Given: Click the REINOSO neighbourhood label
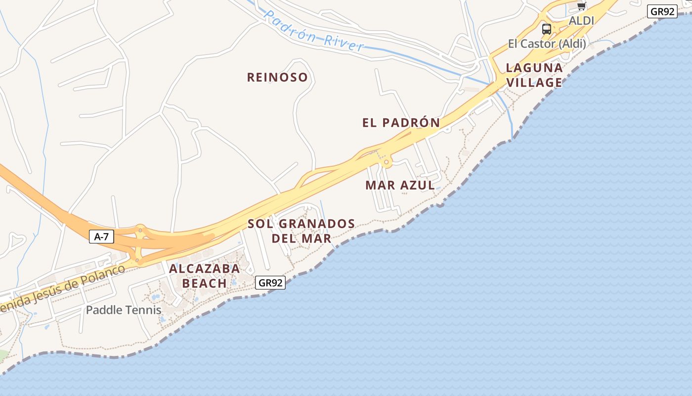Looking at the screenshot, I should pyautogui.click(x=277, y=77).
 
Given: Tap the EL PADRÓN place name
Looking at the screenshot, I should pyautogui.click(x=401, y=123).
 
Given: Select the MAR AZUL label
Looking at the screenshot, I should pyautogui.click(x=400, y=186).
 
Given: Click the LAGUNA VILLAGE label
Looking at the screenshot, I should pyautogui.click(x=534, y=75).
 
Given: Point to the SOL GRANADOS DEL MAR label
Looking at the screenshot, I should pyautogui.click(x=301, y=231).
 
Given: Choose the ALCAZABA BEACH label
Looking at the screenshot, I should pyautogui.click(x=205, y=276).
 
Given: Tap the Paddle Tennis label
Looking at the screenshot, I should pyautogui.click(x=124, y=310).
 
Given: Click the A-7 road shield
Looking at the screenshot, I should pyautogui.click(x=101, y=237).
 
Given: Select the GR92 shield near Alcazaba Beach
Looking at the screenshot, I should pyautogui.click(x=271, y=283).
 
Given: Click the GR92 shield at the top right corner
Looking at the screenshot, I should pyautogui.click(x=662, y=11).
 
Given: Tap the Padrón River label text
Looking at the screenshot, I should pyautogui.click(x=314, y=31).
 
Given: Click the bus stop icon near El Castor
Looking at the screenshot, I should pyautogui.click(x=546, y=29).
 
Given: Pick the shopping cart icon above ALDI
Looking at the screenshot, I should pyautogui.click(x=581, y=6).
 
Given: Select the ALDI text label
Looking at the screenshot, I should pyautogui.click(x=581, y=21).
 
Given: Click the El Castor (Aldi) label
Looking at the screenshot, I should pyautogui.click(x=547, y=44).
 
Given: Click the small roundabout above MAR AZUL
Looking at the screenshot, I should pyautogui.click(x=386, y=162).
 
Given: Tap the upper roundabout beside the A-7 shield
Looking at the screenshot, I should pyautogui.click(x=140, y=229).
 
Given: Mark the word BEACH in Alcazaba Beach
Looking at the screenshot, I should pyautogui.click(x=205, y=283).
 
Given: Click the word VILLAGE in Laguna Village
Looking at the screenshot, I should pyautogui.click(x=534, y=82).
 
